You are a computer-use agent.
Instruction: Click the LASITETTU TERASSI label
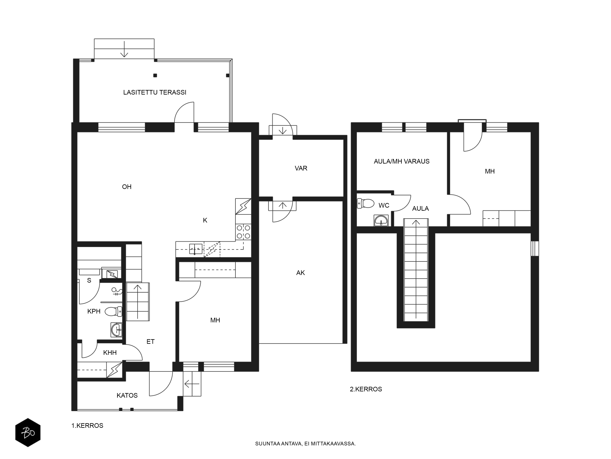(155, 92)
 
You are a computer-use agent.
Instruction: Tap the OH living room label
(127, 187)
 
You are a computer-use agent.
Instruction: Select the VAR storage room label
(301, 168)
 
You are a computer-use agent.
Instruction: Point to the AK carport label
(300, 273)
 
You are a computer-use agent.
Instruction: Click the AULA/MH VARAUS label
(402, 161)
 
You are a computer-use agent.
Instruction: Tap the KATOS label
(127, 395)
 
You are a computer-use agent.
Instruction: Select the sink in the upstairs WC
(381, 220)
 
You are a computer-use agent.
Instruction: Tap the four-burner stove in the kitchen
(243, 232)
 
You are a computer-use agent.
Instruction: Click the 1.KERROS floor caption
(87, 425)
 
